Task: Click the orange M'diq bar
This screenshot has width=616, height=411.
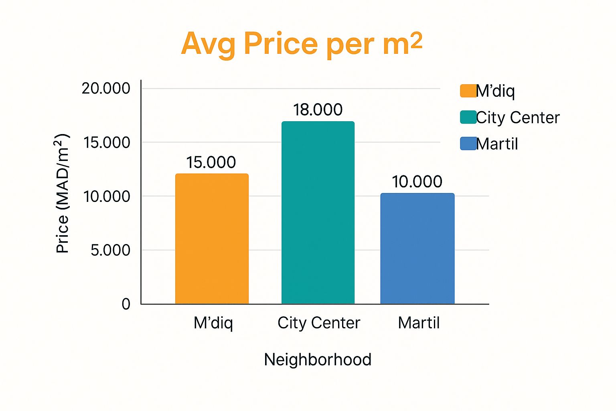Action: coord(212,239)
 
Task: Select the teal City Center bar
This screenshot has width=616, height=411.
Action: coord(318,213)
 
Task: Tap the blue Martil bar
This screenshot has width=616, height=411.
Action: coord(417,248)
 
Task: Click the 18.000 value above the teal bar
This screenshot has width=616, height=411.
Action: coord(318,110)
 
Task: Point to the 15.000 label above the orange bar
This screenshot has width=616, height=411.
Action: coord(211,162)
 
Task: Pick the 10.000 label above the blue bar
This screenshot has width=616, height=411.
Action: coord(417,181)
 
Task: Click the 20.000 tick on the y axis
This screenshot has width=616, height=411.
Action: coord(106,88)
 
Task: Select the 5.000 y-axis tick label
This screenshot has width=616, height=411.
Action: coord(110,250)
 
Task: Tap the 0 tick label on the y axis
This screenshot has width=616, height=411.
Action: coord(126,304)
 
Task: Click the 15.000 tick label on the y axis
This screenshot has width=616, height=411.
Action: coord(107,142)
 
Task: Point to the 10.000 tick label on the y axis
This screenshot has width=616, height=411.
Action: coord(107,196)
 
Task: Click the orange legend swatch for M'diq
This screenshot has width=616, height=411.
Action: coord(468,91)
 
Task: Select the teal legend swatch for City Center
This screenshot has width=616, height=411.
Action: coord(468,117)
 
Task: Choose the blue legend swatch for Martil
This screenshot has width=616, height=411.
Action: coord(468,143)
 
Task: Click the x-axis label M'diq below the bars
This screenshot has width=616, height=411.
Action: coord(213,323)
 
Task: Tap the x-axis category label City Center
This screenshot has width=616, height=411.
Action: coord(319,323)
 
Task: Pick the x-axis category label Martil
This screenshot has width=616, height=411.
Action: coord(419,323)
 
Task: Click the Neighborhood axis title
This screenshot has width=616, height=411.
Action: coord(318,359)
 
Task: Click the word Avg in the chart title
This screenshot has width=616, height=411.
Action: coord(208,43)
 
